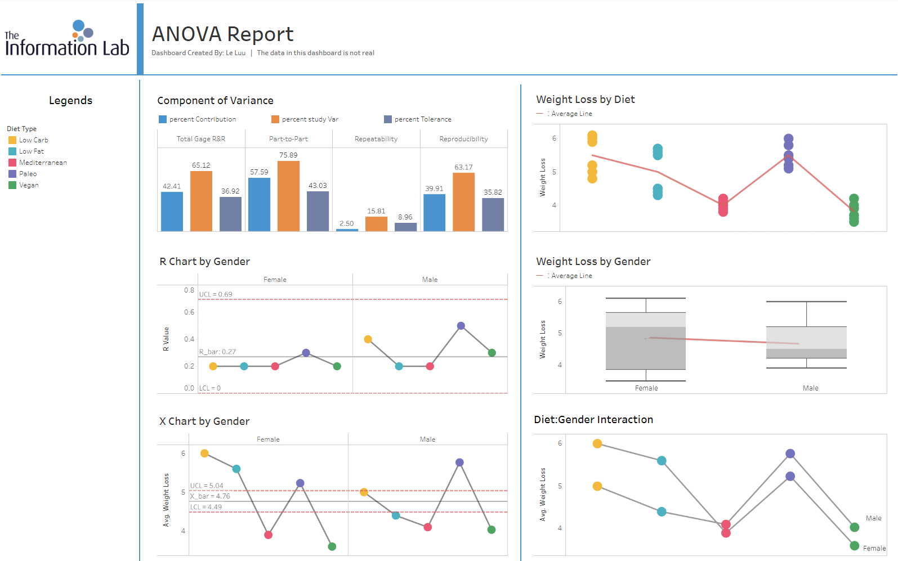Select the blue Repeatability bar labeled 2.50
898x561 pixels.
tap(347, 230)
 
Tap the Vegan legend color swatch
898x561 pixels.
tap(12, 185)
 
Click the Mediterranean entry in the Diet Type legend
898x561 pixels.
tap(43, 163)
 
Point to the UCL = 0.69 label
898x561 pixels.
tap(216, 294)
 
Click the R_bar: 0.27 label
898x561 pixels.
tap(217, 352)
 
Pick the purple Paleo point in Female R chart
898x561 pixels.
tap(306, 353)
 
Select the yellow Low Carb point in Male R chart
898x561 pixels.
tap(368, 339)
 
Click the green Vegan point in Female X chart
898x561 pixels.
tap(332, 546)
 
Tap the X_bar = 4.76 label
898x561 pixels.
tap(210, 496)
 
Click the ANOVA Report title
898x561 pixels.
tap(222, 34)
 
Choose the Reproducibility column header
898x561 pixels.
tap(463, 139)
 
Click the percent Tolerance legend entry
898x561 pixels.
tap(422, 119)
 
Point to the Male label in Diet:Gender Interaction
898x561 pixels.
tap(873, 518)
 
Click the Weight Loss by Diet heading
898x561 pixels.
tap(585, 100)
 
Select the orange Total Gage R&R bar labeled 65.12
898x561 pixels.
tap(201, 201)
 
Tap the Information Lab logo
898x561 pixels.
tap(67, 39)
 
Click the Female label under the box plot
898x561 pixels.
tap(646, 388)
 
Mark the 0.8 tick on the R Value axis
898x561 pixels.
tap(189, 290)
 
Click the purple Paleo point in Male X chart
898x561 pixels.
tap(459, 463)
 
